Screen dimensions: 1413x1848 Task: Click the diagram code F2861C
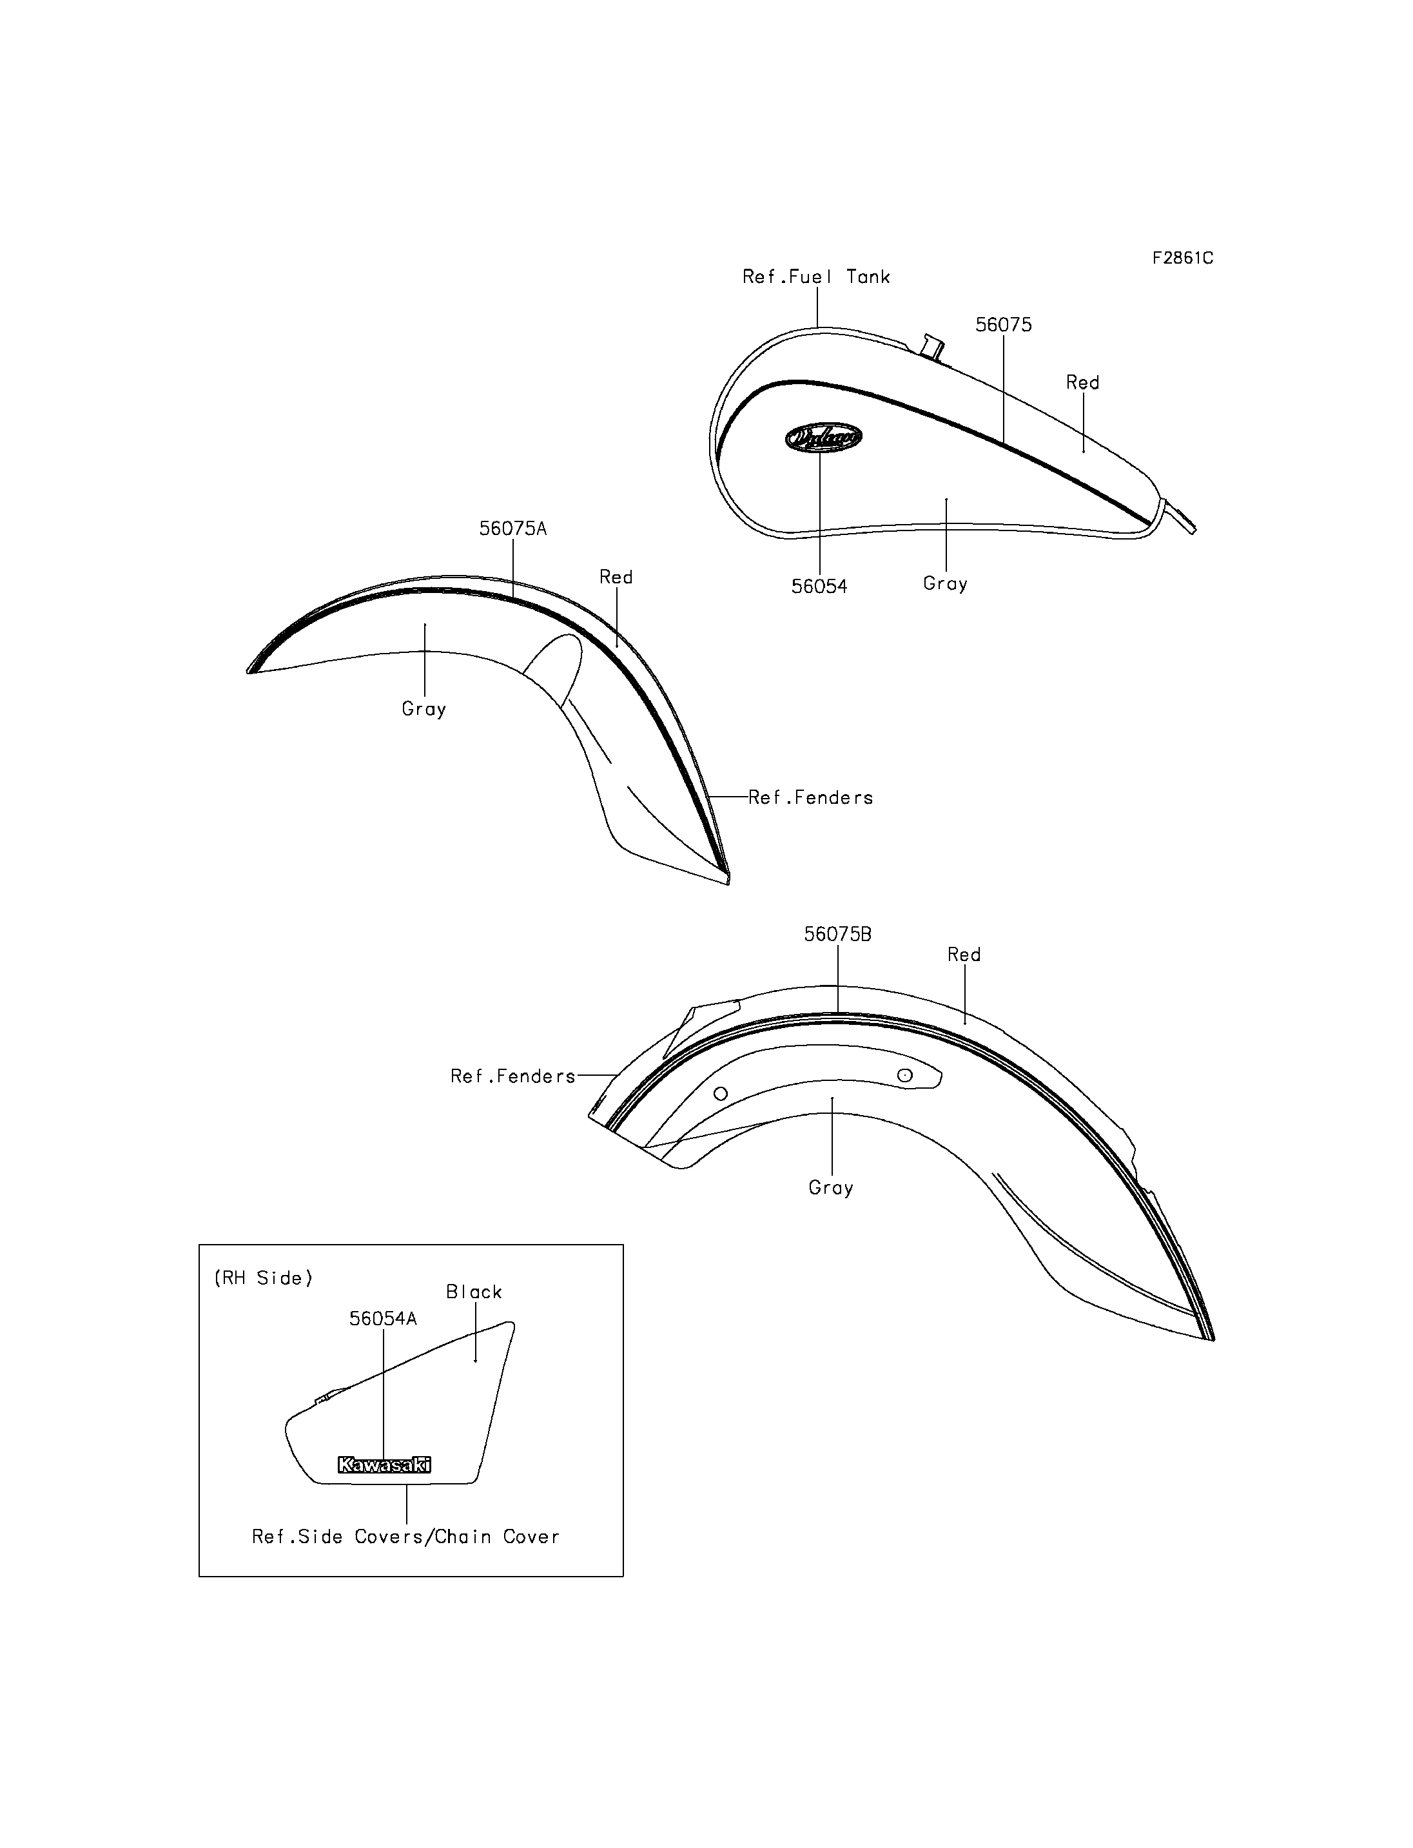pyautogui.click(x=1182, y=258)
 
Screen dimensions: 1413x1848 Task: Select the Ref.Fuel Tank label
pyautogui.click(x=816, y=277)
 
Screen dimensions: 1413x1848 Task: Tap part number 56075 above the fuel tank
pyautogui.click(x=1004, y=325)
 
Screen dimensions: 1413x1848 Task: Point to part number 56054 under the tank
pyautogui.click(x=819, y=587)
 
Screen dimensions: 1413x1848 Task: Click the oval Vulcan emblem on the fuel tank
pyautogui.click(x=823, y=438)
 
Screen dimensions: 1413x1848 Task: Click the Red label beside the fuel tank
pyautogui.click(x=1082, y=383)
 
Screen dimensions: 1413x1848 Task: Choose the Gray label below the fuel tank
pyautogui.click(x=946, y=584)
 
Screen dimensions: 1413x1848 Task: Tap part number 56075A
pyautogui.click(x=513, y=529)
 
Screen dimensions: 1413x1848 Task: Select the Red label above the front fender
pyautogui.click(x=616, y=577)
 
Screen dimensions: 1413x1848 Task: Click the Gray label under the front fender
pyautogui.click(x=424, y=709)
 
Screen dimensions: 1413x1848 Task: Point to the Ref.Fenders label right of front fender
pyautogui.click(x=811, y=797)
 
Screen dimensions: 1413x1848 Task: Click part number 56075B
pyautogui.click(x=838, y=934)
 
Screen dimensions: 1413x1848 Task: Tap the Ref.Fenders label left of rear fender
pyautogui.click(x=513, y=1076)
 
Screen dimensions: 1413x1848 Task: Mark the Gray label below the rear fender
pyautogui.click(x=831, y=1188)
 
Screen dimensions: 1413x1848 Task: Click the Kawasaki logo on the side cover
pyautogui.click(x=384, y=1464)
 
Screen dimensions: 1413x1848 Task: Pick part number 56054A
pyautogui.click(x=383, y=1318)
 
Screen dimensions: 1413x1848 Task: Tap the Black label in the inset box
pyautogui.click(x=474, y=1291)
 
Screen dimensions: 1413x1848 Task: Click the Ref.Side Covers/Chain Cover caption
pyautogui.click(x=405, y=1537)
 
